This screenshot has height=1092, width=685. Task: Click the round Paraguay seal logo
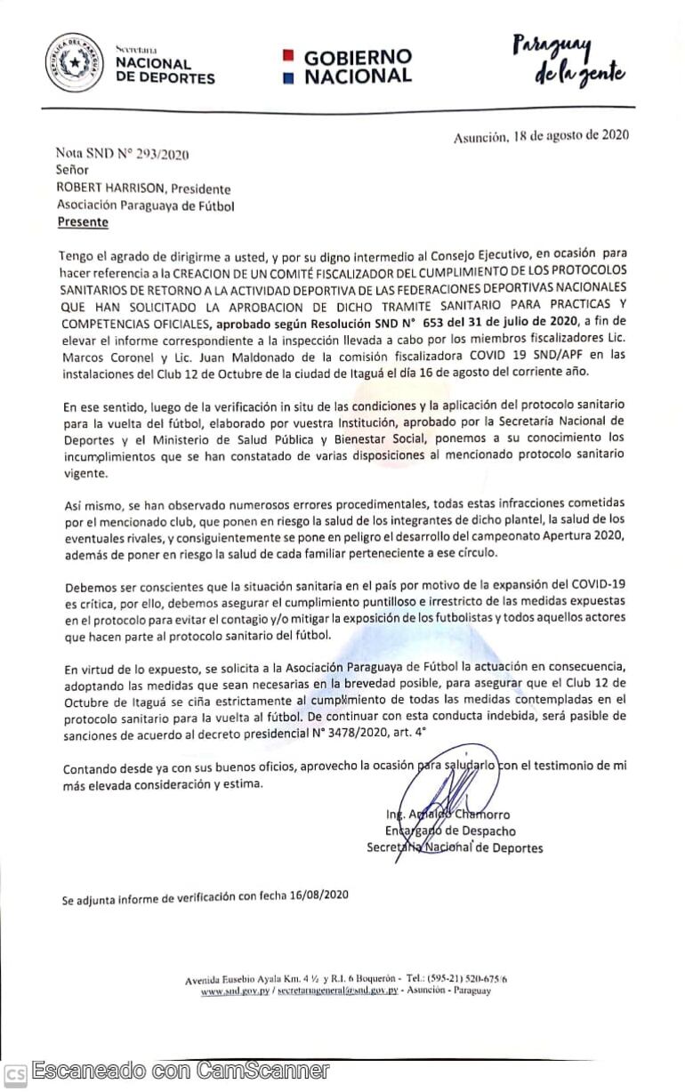pyautogui.click(x=75, y=62)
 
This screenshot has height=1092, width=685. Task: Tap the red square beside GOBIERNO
pyautogui.click(x=287, y=56)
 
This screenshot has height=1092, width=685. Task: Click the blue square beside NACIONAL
pyautogui.click(x=287, y=77)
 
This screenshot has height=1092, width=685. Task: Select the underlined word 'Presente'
pyautogui.click(x=83, y=222)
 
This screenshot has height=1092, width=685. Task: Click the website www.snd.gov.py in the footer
pyautogui.click(x=235, y=991)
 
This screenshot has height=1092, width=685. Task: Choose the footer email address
pyautogui.click(x=337, y=991)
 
